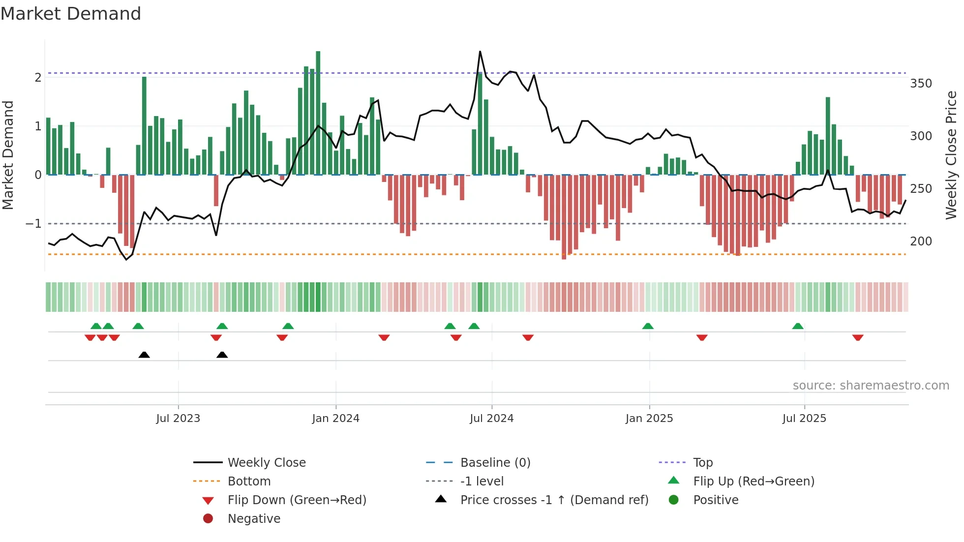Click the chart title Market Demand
click(x=71, y=14)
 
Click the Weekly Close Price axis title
click(x=951, y=155)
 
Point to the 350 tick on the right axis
click(x=921, y=84)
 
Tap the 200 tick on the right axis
click(x=921, y=241)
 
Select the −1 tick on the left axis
click(x=34, y=224)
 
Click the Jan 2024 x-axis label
click(x=335, y=419)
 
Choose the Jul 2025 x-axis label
click(x=804, y=419)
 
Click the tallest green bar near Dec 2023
click(x=318, y=113)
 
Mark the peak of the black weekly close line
click(x=480, y=52)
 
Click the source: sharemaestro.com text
click(x=871, y=386)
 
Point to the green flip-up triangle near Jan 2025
click(x=648, y=326)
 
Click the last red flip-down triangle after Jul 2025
click(x=858, y=337)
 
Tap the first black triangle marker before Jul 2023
click(x=144, y=355)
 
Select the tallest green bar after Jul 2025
click(x=828, y=136)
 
